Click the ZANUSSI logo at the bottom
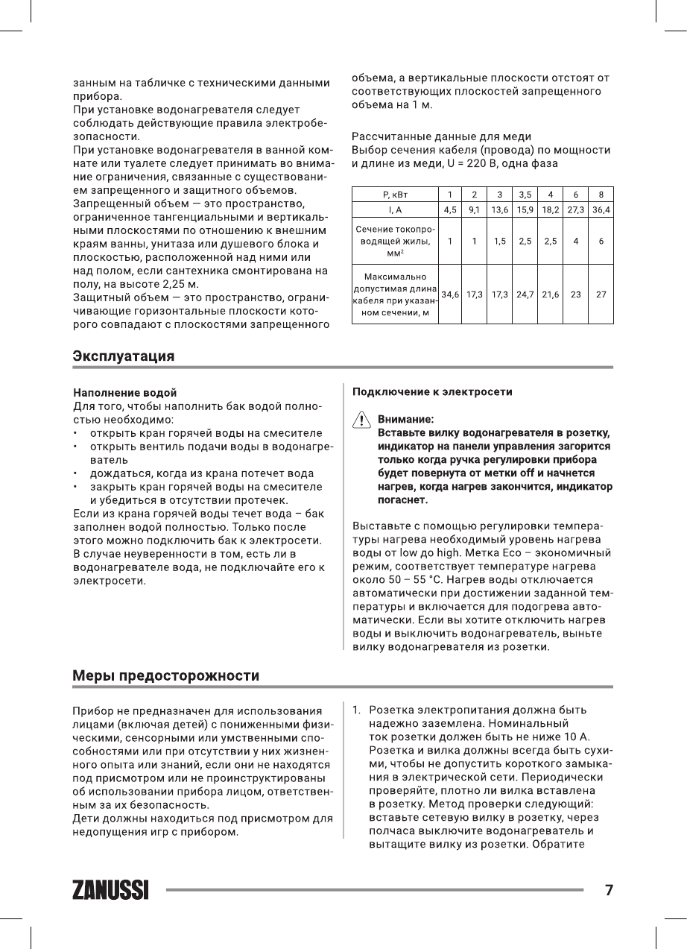coord(110,890)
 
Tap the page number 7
coord(609,889)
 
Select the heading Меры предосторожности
coord(165,675)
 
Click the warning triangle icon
coord(361,420)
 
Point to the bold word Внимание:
coord(405,420)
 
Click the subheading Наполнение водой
coord(124,392)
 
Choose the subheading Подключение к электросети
coord(432,391)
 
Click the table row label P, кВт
coord(395,195)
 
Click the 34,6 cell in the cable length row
coord(450,294)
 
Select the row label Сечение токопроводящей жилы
coord(395,241)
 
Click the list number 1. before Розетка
coord(357,709)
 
